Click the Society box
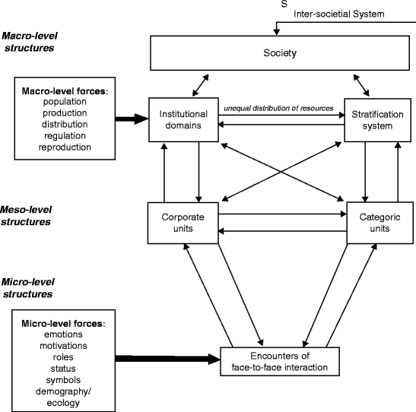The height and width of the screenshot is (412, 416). tap(280, 53)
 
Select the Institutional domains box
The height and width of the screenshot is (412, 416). tap(183, 119)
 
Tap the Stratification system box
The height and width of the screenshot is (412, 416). tap(377, 120)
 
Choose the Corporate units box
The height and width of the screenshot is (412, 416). tap(183, 223)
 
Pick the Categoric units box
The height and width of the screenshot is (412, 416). tap(380, 223)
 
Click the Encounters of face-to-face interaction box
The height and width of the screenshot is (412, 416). tap(280, 361)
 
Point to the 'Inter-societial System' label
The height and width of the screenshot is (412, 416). tap(338, 14)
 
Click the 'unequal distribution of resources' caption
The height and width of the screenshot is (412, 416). tap(278, 108)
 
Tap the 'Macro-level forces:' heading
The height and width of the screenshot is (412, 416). tap(65, 91)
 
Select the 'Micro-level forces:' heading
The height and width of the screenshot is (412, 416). tap(63, 324)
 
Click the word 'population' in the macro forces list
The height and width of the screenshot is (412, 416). tap(65, 102)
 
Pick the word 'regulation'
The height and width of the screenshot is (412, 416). tap(65, 136)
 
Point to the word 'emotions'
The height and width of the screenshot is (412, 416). tap(63, 334)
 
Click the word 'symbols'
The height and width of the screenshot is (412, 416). tap(63, 380)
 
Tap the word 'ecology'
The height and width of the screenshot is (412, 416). tap(63, 403)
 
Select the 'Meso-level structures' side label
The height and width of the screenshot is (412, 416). tap(26, 216)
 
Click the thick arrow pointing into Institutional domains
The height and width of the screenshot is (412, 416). tap(132, 119)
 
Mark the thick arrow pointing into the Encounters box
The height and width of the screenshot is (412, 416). tap(167, 360)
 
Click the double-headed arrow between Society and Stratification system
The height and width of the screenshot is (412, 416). tap(361, 85)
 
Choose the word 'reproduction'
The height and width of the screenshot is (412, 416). tap(65, 147)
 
